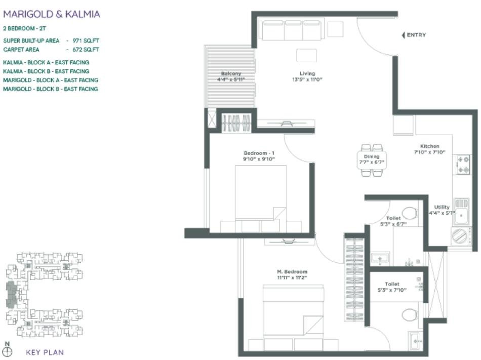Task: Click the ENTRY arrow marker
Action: click(404, 35)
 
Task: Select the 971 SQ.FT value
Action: click(86, 41)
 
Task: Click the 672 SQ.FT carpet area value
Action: click(86, 50)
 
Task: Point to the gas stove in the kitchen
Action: click(463, 165)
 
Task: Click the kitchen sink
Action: click(461, 212)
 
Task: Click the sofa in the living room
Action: click(292, 30)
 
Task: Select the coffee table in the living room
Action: click(306, 56)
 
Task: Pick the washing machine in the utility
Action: click(461, 236)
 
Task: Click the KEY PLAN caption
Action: click(45, 352)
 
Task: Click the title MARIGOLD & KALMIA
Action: click(52, 14)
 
